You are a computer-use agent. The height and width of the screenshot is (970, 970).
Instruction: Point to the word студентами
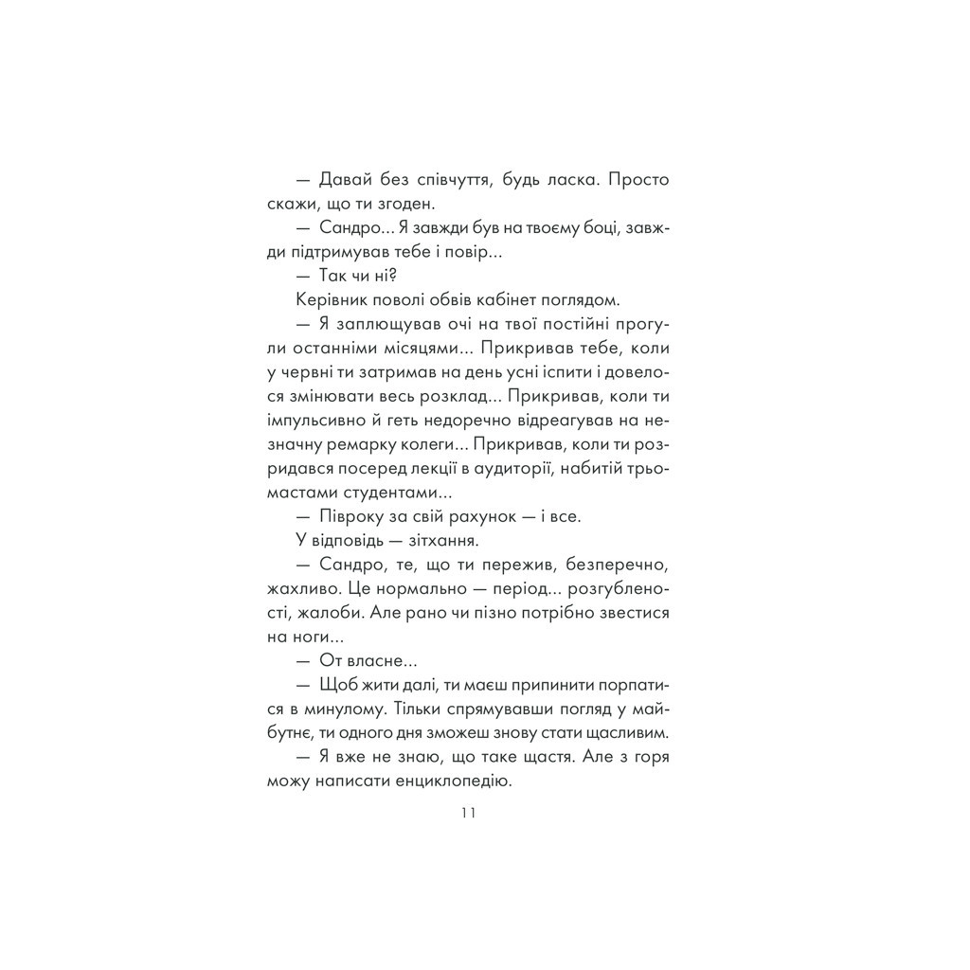click(389, 493)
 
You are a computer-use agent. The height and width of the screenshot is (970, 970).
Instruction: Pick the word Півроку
click(350, 516)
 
